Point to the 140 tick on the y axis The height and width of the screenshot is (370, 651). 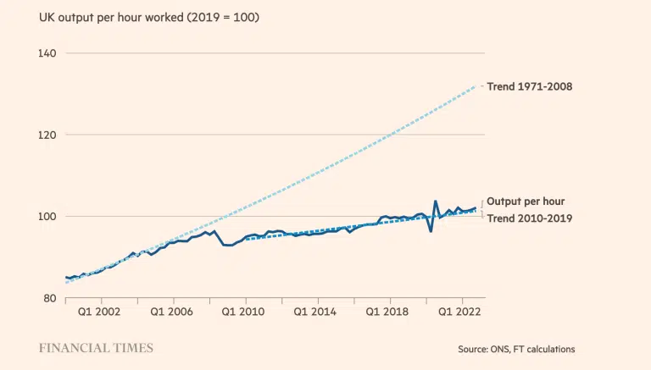point(47,53)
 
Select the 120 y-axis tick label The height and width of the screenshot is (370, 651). point(47,135)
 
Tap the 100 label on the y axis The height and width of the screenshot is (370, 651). point(47,216)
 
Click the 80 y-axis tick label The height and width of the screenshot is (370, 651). point(49,297)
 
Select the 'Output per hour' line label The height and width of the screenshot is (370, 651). point(526,202)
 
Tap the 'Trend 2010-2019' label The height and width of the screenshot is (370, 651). point(530,218)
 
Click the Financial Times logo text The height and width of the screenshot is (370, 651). point(96,348)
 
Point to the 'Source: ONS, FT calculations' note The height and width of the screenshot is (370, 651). point(516,349)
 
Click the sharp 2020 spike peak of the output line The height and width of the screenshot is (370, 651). point(436,202)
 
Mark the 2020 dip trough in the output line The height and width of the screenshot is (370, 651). point(431,231)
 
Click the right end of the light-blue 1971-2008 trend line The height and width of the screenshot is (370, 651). point(480,86)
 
